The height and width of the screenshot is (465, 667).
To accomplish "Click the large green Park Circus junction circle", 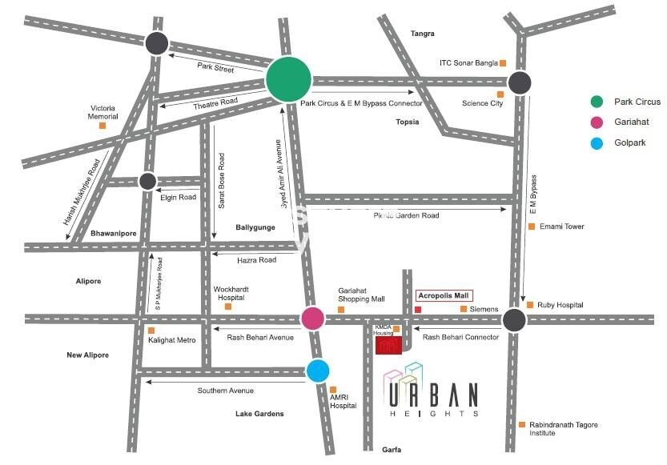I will (288, 79).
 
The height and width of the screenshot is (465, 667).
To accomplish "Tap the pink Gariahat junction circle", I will (312, 319).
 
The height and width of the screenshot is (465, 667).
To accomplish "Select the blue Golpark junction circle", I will (318, 371).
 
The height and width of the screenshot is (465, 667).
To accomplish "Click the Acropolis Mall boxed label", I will (444, 295).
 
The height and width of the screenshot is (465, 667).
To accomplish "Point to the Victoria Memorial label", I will (103, 112).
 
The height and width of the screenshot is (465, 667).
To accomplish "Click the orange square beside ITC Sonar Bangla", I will (504, 62).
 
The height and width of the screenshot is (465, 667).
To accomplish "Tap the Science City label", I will (482, 103).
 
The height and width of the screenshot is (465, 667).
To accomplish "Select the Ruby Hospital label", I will (560, 305).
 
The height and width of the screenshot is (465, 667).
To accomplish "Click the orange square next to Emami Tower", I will (531, 226).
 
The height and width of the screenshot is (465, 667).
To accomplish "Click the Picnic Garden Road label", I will (406, 215).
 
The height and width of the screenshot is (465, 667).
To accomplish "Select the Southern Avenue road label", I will (226, 391).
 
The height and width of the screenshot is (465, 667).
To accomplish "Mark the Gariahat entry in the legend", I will (633, 122).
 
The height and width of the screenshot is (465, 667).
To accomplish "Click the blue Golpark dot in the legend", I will (596, 143).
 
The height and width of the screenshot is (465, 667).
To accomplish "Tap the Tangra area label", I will (422, 34).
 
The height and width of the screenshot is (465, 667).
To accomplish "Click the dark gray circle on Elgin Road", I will (147, 181).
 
